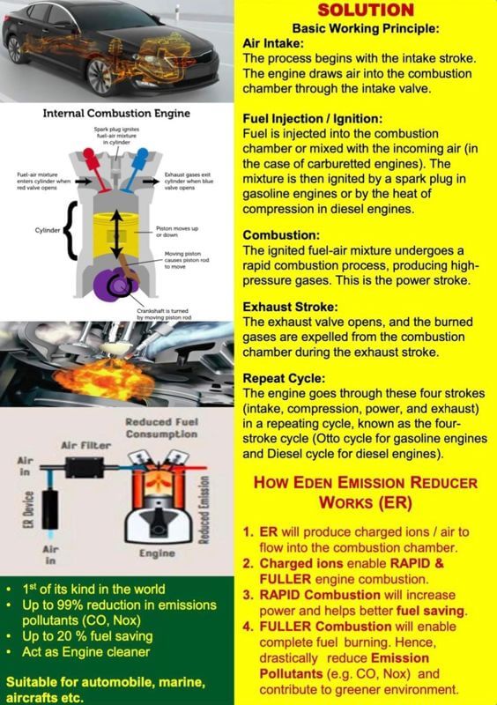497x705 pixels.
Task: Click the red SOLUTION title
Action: pyautogui.click(x=364, y=11)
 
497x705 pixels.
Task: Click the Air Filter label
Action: pyautogui.click(x=85, y=447)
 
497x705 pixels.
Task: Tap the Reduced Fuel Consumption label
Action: pyautogui.click(x=160, y=429)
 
